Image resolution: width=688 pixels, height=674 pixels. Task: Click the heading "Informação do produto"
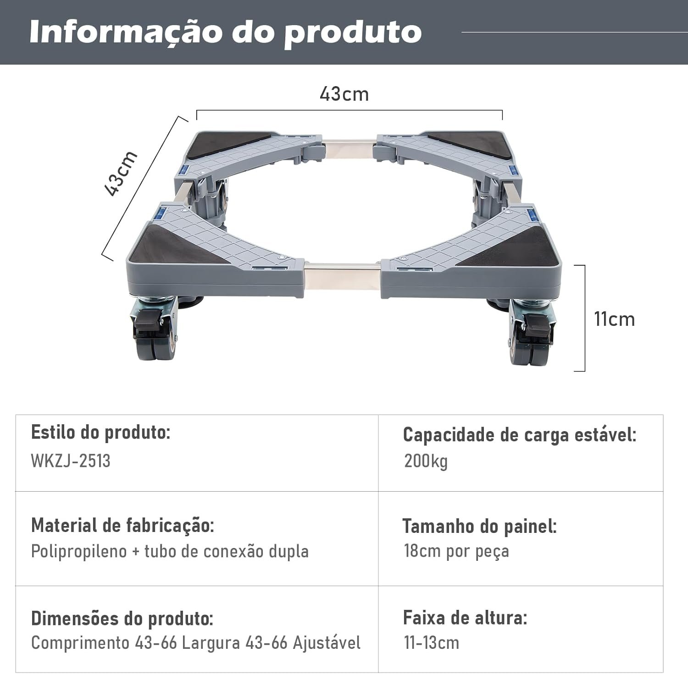[x=225, y=32]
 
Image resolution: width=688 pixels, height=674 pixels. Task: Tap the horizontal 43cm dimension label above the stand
[x=344, y=94]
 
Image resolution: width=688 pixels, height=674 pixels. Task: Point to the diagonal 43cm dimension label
[x=121, y=174]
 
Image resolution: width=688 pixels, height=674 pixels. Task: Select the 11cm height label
[x=614, y=319]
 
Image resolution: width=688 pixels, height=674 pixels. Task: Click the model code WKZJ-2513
[x=71, y=461]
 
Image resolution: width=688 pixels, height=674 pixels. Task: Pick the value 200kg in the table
[x=426, y=461]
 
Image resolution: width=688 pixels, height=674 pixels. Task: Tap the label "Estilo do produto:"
[x=100, y=432]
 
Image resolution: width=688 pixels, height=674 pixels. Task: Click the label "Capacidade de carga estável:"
[x=520, y=435]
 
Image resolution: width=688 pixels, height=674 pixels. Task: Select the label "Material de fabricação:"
[x=122, y=526]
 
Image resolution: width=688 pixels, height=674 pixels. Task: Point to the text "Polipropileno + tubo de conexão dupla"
[x=170, y=551]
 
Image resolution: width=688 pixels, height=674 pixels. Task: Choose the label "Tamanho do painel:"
[x=479, y=526]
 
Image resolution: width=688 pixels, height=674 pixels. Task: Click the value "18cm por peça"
[x=456, y=551]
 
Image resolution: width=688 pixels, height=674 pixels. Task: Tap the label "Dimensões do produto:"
[x=122, y=619]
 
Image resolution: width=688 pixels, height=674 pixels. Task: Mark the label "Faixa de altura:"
[x=465, y=618]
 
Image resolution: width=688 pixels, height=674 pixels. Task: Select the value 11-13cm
[x=431, y=643]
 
